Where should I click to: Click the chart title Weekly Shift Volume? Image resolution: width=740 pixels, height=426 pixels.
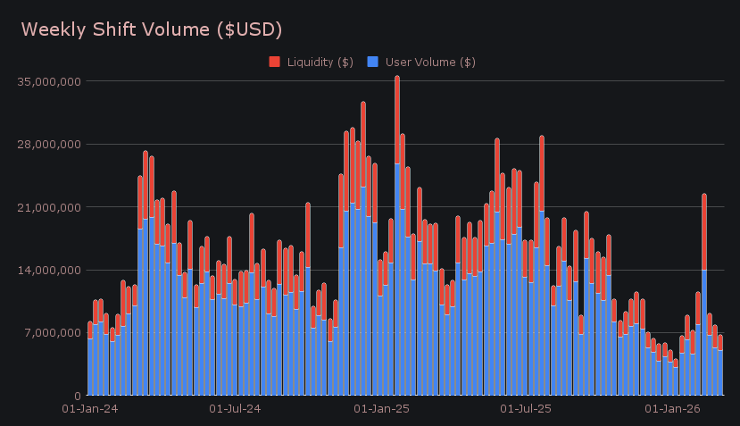coord(151,29)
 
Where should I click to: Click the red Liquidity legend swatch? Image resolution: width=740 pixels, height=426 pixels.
coord(274,62)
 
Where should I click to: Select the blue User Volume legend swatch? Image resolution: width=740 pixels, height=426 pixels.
coord(372,62)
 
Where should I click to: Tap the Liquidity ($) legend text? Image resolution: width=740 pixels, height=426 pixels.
coord(320,62)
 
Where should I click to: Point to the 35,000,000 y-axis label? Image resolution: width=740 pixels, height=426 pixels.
coord(49,81)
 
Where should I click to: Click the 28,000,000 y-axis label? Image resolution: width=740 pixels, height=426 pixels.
coord(49,144)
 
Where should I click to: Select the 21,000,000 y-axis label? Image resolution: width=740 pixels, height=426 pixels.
coord(49,207)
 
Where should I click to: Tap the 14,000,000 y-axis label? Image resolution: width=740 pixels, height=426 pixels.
coord(49,270)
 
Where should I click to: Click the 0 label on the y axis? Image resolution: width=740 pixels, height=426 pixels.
coord(78,396)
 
